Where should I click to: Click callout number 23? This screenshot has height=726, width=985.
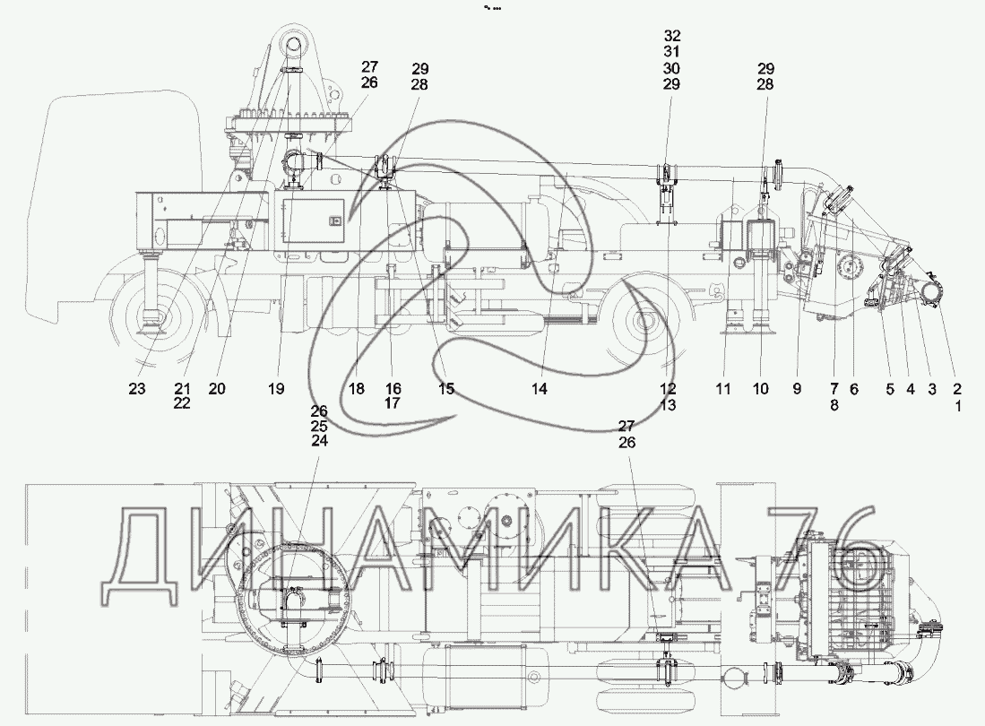coord(137,389)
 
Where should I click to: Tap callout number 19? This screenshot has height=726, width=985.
coord(276,389)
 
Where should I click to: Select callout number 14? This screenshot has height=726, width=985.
coord(540,389)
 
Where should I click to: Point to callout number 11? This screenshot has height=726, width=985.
coord(723,389)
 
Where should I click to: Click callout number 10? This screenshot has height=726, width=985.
coord(760,389)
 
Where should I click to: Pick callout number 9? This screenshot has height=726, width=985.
coord(797,389)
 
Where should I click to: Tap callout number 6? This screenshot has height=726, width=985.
coord(854,389)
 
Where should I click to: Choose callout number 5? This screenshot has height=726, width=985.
coord(890,389)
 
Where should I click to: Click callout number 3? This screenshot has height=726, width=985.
coord(932,389)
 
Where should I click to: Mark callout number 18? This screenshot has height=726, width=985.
coord(356,389)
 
